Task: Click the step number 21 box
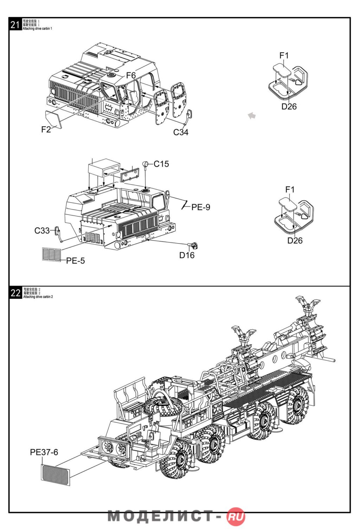(15, 25)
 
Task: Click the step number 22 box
(15, 293)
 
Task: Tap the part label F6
(131, 75)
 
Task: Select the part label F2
(46, 129)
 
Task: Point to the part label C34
(181, 132)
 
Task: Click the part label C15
(161, 164)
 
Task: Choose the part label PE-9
(201, 207)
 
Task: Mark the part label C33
(42, 230)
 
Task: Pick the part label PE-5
(76, 261)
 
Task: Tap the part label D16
(187, 255)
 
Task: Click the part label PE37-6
(44, 452)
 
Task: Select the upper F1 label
(284, 56)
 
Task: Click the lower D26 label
(295, 241)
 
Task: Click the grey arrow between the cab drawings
(251, 115)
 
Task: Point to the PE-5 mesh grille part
(51, 254)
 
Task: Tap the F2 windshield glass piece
(54, 118)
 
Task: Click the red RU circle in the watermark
(236, 517)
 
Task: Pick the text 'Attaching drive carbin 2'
(38, 297)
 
